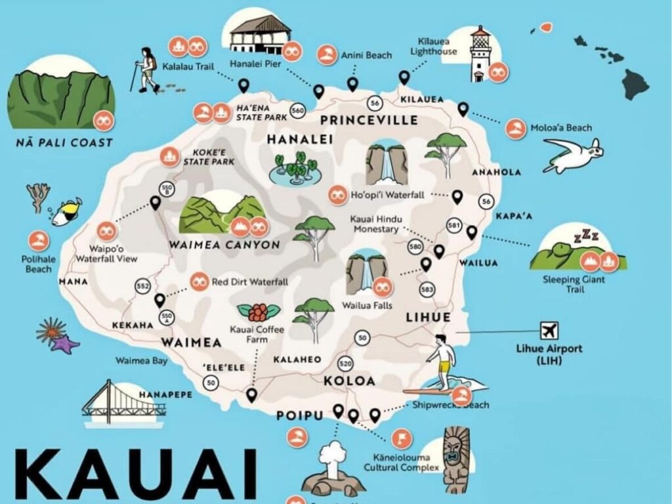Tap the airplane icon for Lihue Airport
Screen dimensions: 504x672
coord(548,329)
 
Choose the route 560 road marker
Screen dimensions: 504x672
coord(297,111)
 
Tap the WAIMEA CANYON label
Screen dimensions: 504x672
coord(224,245)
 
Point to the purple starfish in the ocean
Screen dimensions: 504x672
coord(64,344)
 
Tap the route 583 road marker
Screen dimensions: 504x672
coord(427,289)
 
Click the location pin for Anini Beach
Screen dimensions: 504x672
coord(352,84)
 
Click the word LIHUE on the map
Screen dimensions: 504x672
coord(428,317)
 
